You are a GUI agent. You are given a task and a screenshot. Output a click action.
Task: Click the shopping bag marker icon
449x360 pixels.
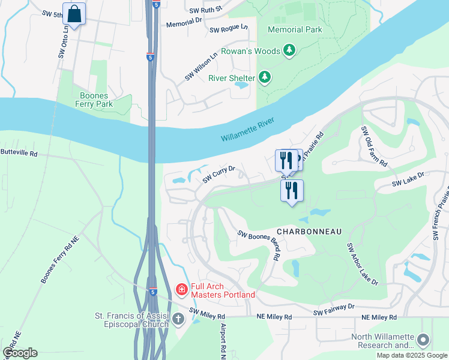(x=74, y=14)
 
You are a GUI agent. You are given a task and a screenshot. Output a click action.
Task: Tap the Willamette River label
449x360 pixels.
(x=247, y=129)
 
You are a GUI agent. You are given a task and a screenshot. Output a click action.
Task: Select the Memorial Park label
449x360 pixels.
(x=295, y=29)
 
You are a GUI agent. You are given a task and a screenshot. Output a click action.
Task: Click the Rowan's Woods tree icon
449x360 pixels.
(x=289, y=51)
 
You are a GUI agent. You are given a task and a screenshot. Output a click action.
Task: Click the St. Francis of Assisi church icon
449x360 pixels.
(x=178, y=319)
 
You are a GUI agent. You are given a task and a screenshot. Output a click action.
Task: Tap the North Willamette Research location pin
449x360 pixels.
(x=423, y=340)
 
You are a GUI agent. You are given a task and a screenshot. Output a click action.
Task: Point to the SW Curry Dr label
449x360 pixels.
(x=218, y=175)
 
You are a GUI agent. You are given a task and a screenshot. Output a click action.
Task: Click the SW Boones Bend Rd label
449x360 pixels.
(x=259, y=245)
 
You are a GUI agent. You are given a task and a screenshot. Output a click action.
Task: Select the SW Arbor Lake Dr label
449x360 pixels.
(x=363, y=264)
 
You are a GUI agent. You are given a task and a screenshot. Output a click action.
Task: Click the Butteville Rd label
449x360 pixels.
(x=19, y=154)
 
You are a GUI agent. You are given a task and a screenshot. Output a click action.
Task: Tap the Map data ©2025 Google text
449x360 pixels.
(x=411, y=355)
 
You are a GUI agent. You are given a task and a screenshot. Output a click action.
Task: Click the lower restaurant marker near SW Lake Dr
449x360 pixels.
(x=292, y=191)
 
